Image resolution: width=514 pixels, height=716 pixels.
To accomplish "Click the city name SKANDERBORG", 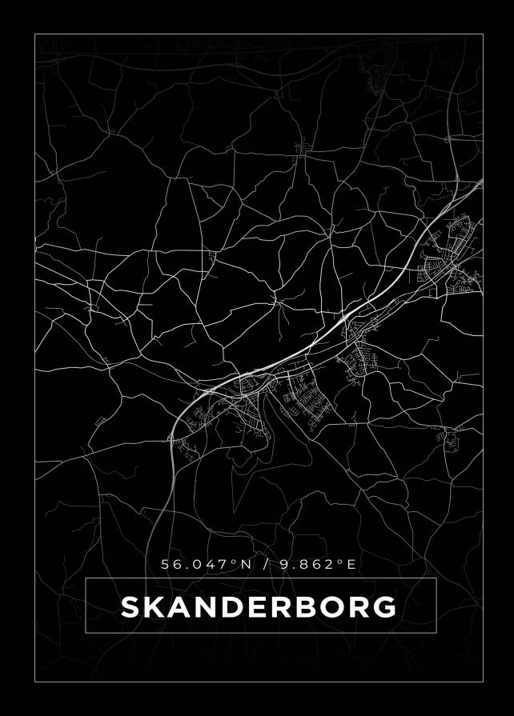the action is point(259,607).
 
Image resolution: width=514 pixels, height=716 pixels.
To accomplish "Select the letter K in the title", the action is point(155,607).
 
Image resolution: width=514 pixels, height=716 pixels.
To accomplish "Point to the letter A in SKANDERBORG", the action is point(182,607).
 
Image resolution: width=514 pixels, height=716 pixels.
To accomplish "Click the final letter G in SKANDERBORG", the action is point(384,607).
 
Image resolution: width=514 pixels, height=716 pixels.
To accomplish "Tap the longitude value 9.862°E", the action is point(316,564).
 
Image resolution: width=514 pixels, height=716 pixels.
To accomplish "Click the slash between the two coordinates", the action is point(264,564).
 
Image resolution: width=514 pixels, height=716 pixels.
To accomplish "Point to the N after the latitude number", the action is point(246,564).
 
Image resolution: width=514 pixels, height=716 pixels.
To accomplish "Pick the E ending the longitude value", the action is point(351,564).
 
